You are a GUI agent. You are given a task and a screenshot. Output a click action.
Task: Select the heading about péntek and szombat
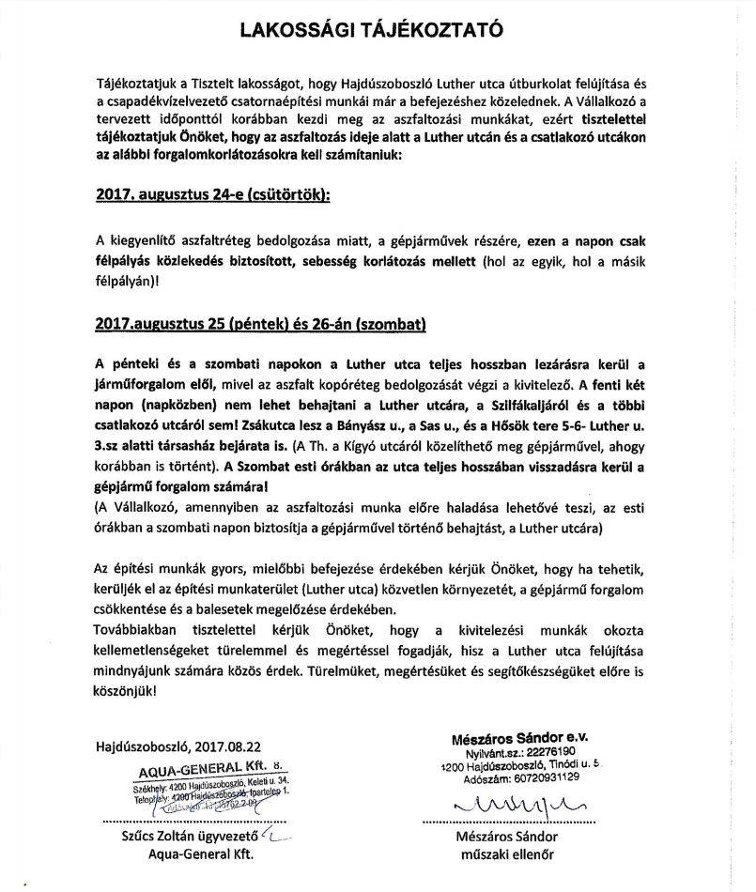click(x=260, y=324)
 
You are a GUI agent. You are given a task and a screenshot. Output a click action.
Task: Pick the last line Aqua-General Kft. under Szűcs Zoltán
click(x=202, y=854)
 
